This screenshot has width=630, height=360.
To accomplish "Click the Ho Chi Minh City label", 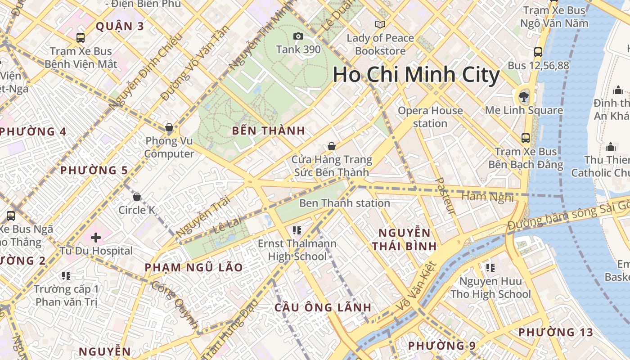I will click(416, 75).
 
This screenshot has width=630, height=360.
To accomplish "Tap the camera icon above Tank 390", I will click(298, 36).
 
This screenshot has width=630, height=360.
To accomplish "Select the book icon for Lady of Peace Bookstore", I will click(380, 24).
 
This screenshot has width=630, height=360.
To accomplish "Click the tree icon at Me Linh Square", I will click(523, 96).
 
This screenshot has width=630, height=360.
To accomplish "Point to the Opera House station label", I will click(430, 117).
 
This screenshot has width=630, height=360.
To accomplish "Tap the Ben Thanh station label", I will click(344, 203).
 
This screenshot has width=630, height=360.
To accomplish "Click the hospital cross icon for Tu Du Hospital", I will click(95, 237).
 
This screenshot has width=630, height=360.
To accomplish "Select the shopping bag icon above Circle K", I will click(137, 197).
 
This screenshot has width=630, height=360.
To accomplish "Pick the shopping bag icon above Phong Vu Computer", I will click(169, 128).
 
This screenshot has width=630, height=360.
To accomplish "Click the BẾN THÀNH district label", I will click(269, 131).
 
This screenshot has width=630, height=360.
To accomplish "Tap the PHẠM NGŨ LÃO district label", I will click(193, 267).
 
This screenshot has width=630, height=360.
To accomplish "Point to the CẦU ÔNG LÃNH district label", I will click(323, 308).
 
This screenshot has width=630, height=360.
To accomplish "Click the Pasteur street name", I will click(445, 196).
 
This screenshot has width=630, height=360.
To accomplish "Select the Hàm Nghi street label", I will click(487, 197).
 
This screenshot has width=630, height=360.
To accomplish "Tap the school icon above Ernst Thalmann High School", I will click(297, 230).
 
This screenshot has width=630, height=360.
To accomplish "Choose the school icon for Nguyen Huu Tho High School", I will click(490, 268).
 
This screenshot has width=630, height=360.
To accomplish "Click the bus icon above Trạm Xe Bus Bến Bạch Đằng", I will click(525, 138).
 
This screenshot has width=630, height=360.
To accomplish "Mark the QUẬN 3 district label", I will click(120, 26).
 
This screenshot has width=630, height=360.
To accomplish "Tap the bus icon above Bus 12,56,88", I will click(538, 52).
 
